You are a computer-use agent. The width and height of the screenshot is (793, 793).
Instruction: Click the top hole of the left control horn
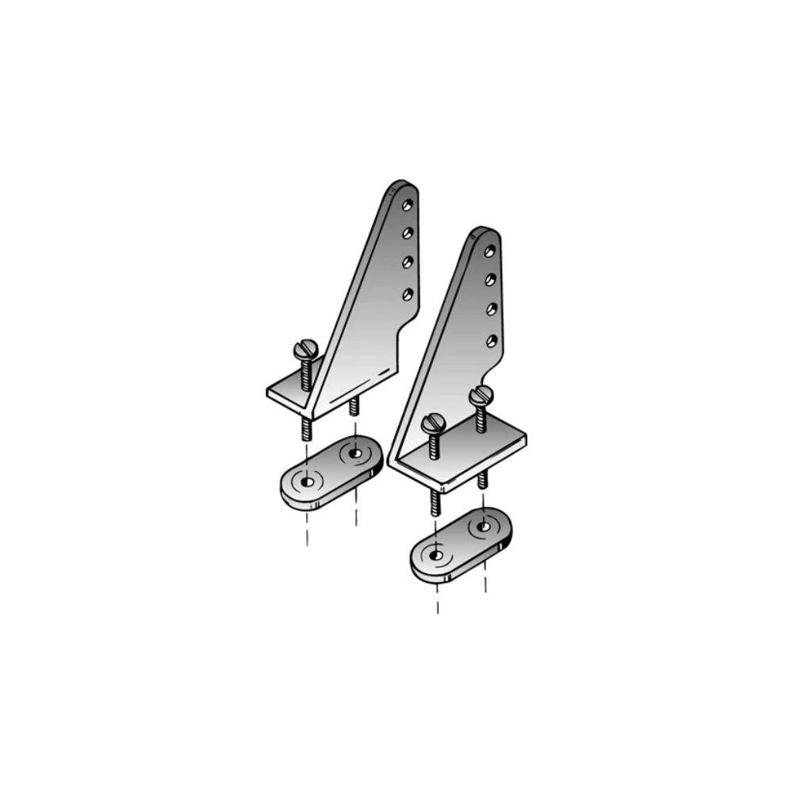pyautogui.click(x=408, y=205)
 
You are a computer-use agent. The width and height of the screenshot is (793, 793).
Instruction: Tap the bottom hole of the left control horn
pyautogui.click(x=408, y=294)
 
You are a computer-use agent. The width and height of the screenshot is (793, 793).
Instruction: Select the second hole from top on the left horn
pyautogui.click(x=408, y=233)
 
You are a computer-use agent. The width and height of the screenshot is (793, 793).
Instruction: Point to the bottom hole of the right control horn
pyautogui.click(x=492, y=341)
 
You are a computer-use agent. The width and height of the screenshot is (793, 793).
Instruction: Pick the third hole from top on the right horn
pyautogui.click(x=492, y=309)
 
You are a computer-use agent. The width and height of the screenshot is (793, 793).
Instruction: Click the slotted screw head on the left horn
pyautogui.click(x=305, y=349)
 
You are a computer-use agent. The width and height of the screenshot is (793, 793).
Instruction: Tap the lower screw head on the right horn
pyautogui.click(x=434, y=424)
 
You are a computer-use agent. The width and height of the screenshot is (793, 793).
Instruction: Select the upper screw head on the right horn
pyautogui.click(x=481, y=394)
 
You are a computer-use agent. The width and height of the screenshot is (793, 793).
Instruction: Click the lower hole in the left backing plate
pyautogui.click(x=307, y=481)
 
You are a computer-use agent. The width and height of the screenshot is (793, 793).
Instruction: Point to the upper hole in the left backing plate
pyautogui.click(x=354, y=454)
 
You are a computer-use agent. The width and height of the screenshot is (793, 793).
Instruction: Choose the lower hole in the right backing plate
pyautogui.click(x=436, y=555)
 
